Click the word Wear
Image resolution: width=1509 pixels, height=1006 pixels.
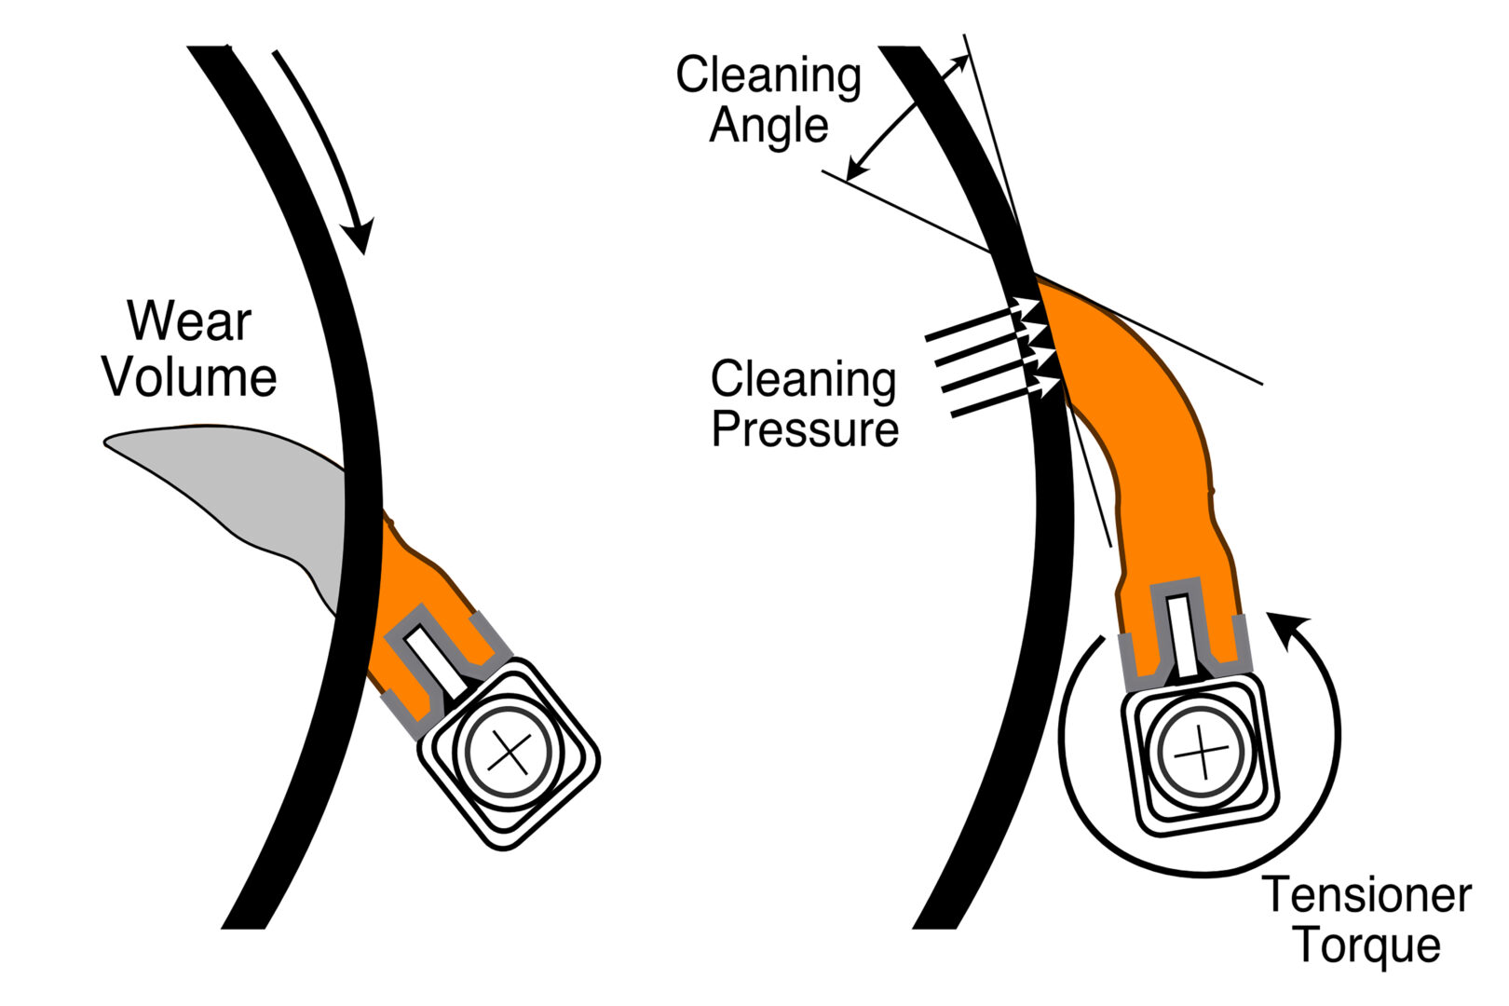(189, 321)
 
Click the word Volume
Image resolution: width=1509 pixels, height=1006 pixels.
(189, 377)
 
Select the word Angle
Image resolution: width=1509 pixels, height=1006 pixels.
(768, 126)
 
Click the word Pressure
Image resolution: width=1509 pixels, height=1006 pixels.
(805, 429)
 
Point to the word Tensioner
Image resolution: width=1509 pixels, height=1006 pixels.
(1366, 895)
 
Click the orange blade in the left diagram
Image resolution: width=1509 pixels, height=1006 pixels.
(410, 596)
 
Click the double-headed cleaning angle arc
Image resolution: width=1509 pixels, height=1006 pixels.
(899, 116)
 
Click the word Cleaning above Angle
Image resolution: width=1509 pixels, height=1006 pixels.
(768, 75)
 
